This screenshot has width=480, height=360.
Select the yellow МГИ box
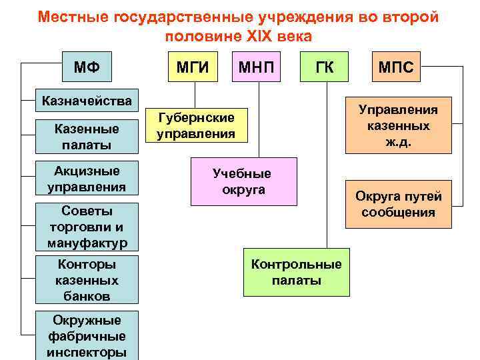[192, 67]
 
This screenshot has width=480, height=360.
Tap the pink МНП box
[258, 67]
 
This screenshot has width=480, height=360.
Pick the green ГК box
[325, 67]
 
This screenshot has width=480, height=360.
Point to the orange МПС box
[396, 67]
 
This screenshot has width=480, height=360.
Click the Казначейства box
[87, 102]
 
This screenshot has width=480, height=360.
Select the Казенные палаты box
[87, 136]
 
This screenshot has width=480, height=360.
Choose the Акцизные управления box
[87, 179]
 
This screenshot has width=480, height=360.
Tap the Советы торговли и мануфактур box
[87, 227]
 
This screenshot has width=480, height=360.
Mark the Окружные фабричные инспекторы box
[87, 335]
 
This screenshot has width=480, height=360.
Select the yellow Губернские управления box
[195, 126]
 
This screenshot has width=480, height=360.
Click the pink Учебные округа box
[243, 181]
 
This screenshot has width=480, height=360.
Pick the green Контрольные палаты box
[296, 272]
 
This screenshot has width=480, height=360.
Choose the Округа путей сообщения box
[398, 205]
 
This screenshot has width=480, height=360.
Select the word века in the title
[293, 36]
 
